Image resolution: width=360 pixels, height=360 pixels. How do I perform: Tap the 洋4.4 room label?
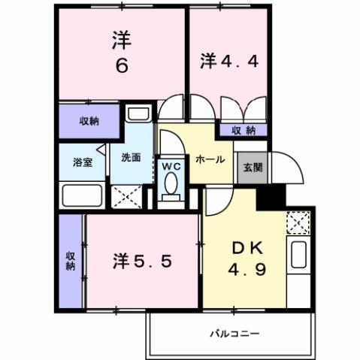230,60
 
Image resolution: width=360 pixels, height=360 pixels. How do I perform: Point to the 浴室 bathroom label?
83,162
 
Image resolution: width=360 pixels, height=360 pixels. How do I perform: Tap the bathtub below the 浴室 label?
83,196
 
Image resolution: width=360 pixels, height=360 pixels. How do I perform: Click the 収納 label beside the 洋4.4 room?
243,130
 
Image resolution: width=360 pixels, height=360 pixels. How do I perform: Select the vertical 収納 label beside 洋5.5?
71,261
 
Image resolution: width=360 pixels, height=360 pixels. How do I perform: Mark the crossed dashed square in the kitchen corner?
298,222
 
